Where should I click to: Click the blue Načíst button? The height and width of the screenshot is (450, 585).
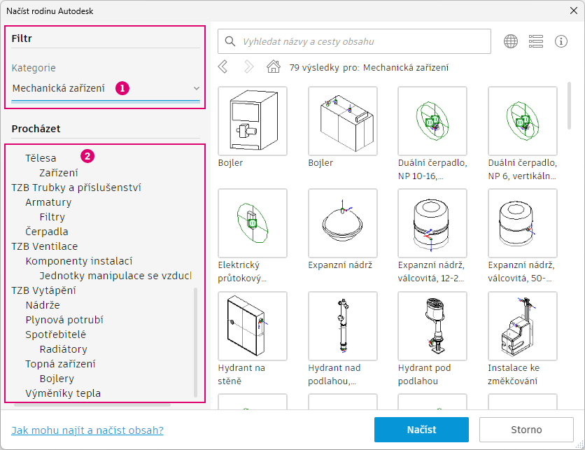pyautogui.click(x=421, y=430)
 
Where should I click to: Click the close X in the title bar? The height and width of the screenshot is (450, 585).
pyautogui.click(x=574, y=10)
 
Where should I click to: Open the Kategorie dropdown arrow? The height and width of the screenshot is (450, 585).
pyautogui.click(x=196, y=88)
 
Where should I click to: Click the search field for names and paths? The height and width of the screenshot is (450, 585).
pyautogui.click(x=354, y=41)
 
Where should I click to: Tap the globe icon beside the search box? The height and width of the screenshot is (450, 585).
pyautogui.click(x=511, y=41)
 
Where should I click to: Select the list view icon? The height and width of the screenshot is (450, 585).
pyautogui.click(x=536, y=41)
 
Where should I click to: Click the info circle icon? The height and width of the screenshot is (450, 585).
pyautogui.click(x=561, y=41)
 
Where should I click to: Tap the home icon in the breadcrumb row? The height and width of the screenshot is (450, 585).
pyautogui.click(x=274, y=66)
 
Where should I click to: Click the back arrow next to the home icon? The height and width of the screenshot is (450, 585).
pyautogui.click(x=223, y=66)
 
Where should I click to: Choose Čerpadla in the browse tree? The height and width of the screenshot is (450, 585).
pyautogui.click(x=47, y=232)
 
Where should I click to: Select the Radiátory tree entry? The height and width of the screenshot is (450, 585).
pyautogui.click(x=64, y=349)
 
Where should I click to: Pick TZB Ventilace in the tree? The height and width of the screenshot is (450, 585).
pyautogui.click(x=44, y=246)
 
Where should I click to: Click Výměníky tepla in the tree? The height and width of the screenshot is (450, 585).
pyautogui.click(x=63, y=393)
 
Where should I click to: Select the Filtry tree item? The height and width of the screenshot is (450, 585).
pyautogui.click(x=52, y=217)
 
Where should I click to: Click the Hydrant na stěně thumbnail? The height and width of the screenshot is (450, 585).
pyautogui.click(x=253, y=326)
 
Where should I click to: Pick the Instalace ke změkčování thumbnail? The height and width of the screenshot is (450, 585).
pyautogui.click(x=522, y=326)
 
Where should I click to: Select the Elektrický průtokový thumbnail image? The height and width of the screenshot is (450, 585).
pyautogui.click(x=253, y=223)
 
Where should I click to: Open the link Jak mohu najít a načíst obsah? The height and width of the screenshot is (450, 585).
pyautogui.click(x=87, y=430)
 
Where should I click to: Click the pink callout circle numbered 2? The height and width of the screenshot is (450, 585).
pyautogui.click(x=87, y=155)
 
